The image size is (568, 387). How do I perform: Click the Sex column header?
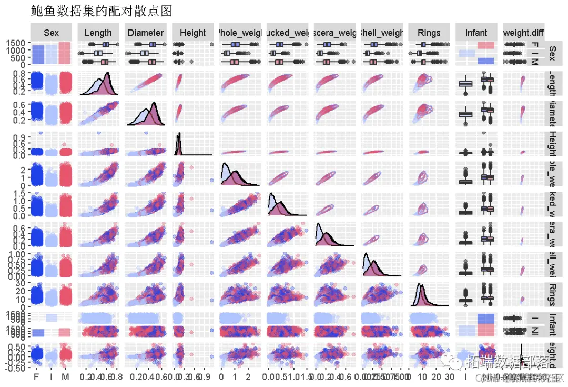[51, 33]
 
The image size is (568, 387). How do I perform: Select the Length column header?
[98, 33]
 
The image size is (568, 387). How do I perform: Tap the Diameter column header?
[145, 33]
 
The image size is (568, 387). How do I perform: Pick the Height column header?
[192, 33]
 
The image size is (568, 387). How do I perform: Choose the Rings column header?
[429, 33]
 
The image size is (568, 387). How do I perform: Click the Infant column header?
[476, 33]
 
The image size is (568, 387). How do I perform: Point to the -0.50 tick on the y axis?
[16, 368]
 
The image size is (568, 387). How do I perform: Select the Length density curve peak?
[108, 74]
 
